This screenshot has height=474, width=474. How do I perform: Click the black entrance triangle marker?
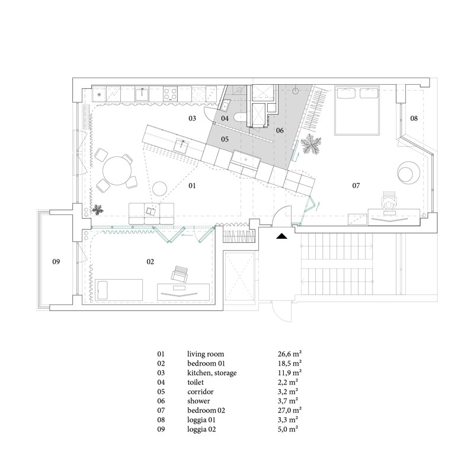click(281, 236)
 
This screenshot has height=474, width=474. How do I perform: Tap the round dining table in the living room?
click(117, 171)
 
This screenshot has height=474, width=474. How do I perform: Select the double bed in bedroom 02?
click(357, 110)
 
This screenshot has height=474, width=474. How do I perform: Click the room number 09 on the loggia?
click(56, 261)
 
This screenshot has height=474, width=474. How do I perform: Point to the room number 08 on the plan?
click(414, 118)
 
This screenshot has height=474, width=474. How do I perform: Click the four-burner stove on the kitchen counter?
click(170, 94)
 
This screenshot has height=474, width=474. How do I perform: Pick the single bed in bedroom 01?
click(119, 290)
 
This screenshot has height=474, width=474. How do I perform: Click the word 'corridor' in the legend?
click(200, 392)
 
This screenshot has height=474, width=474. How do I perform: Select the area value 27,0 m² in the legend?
click(290, 410)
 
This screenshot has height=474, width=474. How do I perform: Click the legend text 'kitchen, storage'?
click(212, 373)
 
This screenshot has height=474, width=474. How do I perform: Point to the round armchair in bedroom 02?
click(408, 172)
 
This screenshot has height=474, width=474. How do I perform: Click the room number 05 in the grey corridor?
click(225, 139)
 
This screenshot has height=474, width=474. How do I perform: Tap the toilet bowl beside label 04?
click(242, 117)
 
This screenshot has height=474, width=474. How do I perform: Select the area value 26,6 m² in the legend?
click(290, 354)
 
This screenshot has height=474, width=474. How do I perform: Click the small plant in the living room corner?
click(98, 210)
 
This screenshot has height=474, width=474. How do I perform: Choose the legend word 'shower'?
click(198, 401)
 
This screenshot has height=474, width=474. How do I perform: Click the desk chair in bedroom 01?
click(180, 274)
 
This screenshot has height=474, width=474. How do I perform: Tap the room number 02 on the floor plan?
click(150, 262)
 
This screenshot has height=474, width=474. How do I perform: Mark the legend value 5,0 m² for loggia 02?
click(288, 429)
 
